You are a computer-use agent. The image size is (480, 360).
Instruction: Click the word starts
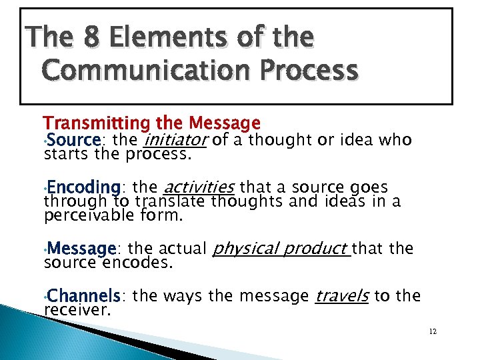coord(62,155)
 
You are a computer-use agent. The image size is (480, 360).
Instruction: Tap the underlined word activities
coord(199,187)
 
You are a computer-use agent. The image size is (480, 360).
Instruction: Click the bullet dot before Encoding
coord(44,187)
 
